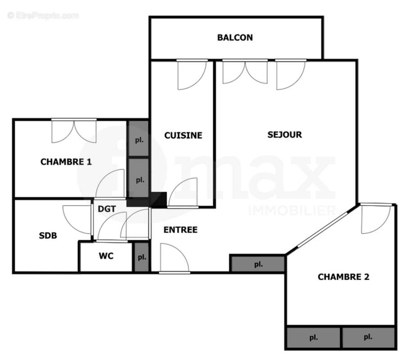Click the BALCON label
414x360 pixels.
pos(235,37)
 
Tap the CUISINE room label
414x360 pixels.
pos(183,135)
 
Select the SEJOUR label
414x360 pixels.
pos(284,135)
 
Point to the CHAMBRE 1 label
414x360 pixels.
pos(66,162)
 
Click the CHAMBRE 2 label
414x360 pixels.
pos(343,277)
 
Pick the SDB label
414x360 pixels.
pos(48,235)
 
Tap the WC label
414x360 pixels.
pos(106,256)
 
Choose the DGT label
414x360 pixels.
pos(107,209)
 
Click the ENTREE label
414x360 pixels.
pos(180,229)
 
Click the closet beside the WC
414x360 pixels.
pos(142,257)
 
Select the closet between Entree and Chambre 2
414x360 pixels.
pos(258,264)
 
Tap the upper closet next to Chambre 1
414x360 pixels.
pos(139,139)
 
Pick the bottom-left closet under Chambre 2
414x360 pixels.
pos(314,337)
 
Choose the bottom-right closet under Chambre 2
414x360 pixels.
pos(369,337)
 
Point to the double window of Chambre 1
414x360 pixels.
pos(74,131)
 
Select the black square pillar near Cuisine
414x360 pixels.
pos(159,199)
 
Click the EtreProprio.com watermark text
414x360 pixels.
pos(43,16)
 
